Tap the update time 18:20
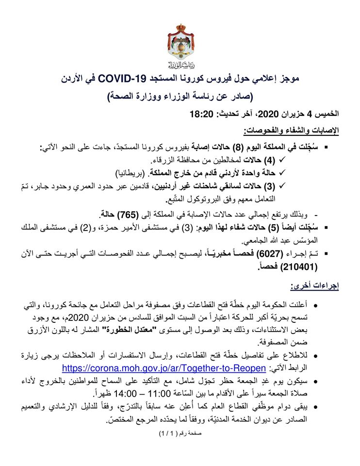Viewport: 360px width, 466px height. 200,115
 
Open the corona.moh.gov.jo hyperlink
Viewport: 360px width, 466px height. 165,366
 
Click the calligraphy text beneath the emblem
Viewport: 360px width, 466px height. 179,65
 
